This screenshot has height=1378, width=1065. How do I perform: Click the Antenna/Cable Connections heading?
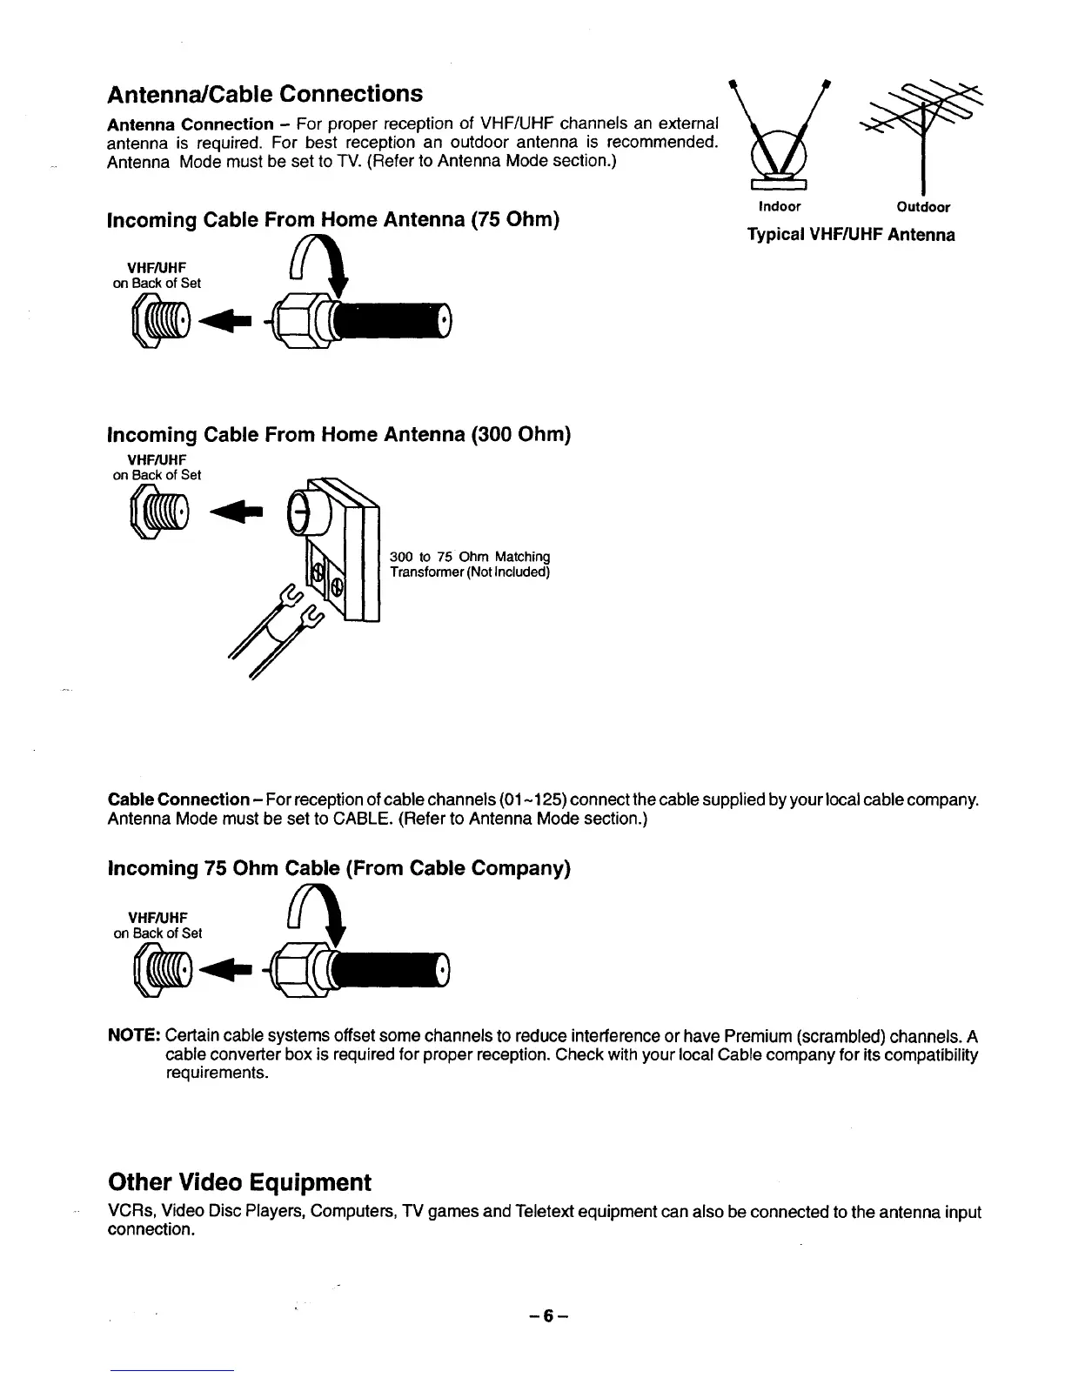pyautogui.click(x=265, y=93)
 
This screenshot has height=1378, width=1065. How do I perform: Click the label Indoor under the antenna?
pyautogui.click(x=780, y=207)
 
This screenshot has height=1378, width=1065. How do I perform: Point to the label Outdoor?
pyautogui.click(x=923, y=207)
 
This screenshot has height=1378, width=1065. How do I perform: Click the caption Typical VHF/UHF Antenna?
pyautogui.click(x=851, y=235)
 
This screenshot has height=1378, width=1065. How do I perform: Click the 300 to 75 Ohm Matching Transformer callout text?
pyautogui.click(x=470, y=564)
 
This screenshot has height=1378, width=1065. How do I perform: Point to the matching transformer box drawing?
pyautogui.click(x=339, y=548)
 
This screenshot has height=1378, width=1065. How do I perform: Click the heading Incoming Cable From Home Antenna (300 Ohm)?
pyautogui.click(x=338, y=434)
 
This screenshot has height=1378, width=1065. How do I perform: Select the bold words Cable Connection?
pyautogui.click(x=178, y=799)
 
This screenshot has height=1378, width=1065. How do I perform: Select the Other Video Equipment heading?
pyautogui.click(x=238, y=1182)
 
